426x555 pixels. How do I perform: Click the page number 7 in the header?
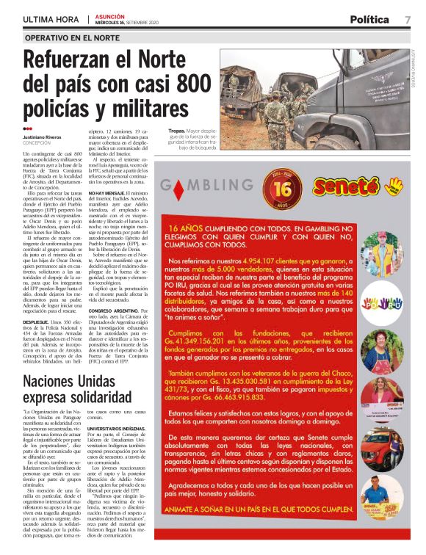point(408,19)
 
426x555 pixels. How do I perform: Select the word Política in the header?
point(374,19)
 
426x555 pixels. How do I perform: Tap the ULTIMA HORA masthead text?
point(51,19)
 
